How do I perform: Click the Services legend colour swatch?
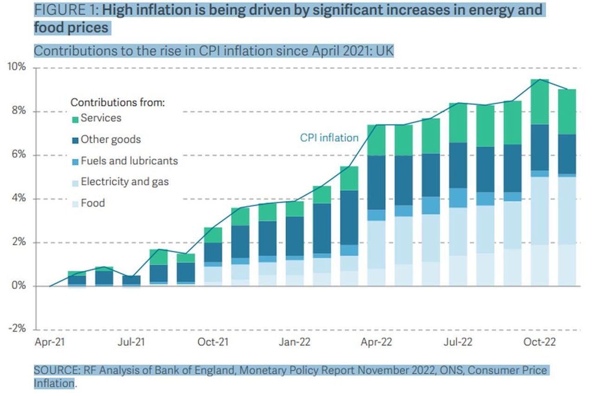[x=75, y=119]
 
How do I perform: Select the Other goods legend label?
[x=110, y=139]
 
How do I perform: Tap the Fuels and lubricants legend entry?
[x=129, y=161]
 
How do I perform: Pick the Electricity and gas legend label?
[x=124, y=182]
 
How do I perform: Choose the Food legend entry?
[x=93, y=203]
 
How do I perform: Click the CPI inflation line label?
[x=329, y=138]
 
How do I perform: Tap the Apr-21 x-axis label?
[x=49, y=343]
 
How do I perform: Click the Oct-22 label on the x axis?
[x=540, y=343]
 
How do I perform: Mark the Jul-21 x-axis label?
[x=132, y=343]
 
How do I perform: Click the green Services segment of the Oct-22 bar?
[x=540, y=102]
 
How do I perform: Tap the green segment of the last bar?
[x=567, y=112]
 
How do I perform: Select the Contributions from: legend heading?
[x=117, y=102]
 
